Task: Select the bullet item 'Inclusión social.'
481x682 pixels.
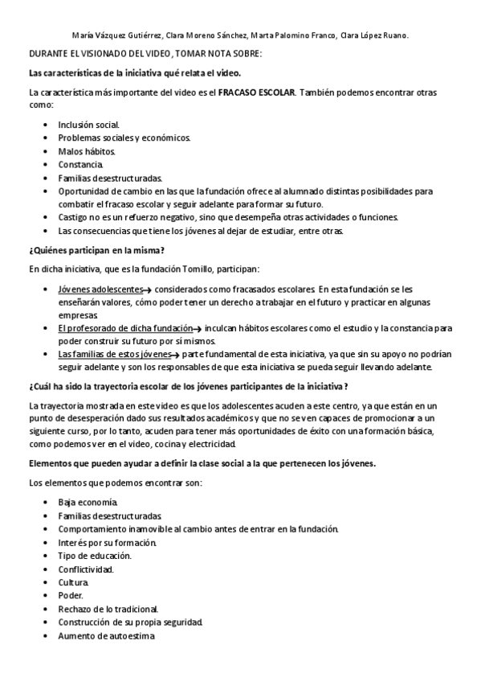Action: [89, 125]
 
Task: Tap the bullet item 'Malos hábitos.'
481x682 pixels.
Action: [87, 151]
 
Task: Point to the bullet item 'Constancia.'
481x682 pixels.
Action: [81, 164]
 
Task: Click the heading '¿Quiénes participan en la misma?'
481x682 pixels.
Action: [96, 249]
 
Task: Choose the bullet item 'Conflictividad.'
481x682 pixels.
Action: [86, 569]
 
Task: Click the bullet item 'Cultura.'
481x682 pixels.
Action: [74, 581]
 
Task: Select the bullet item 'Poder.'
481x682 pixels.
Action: [71, 595]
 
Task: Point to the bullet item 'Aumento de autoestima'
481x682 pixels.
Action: [106, 635]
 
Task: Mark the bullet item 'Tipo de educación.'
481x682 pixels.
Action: [95, 556]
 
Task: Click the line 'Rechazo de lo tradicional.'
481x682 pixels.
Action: [108, 609]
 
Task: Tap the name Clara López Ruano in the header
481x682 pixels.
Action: [374, 35]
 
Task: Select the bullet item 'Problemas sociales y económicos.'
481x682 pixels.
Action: [124, 138]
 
